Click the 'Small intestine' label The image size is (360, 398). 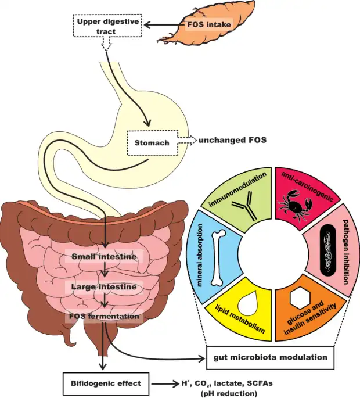(104, 257)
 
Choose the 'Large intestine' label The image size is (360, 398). (104, 286)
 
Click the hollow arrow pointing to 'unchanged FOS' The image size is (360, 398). (187, 140)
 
